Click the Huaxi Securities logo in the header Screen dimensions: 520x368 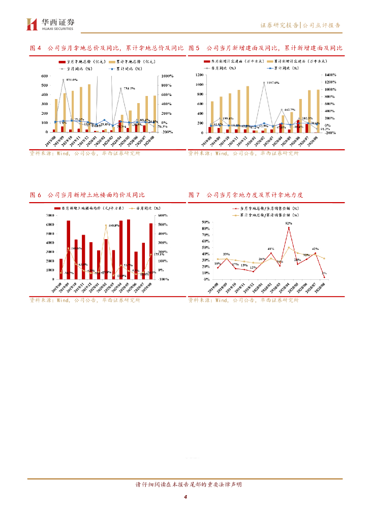(50, 24)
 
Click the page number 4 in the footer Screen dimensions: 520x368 (186, 497)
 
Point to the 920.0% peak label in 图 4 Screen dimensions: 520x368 (71, 80)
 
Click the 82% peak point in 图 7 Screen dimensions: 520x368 (289, 227)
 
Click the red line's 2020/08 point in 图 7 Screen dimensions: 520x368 (324, 277)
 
